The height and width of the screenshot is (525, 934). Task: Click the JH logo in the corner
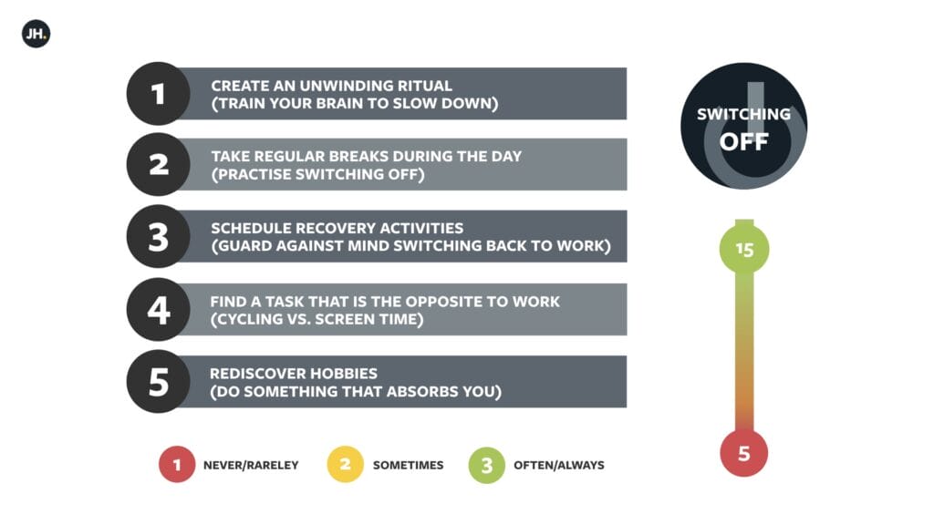(x=36, y=34)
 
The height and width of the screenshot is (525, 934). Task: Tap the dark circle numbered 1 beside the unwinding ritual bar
(x=159, y=94)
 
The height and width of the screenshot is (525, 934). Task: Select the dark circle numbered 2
(x=159, y=164)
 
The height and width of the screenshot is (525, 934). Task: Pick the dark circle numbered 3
(x=159, y=236)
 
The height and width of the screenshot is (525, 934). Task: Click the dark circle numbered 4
(x=159, y=310)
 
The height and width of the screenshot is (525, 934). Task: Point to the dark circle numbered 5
(x=159, y=382)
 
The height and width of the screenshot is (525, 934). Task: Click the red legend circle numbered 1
(x=177, y=464)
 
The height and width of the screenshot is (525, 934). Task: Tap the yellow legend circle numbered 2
(x=345, y=464)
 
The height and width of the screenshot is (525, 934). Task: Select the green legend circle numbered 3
(x=487, y=465)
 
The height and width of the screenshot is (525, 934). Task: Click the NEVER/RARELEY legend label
(x=251, y=466)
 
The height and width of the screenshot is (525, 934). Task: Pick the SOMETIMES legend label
(x=408, y=466)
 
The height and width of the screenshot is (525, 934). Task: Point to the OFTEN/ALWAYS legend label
(x=559, y=466)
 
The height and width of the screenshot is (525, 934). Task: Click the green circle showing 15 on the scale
(x=744, y=249)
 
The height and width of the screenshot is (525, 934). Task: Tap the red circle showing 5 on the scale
(x=744, y=453)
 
